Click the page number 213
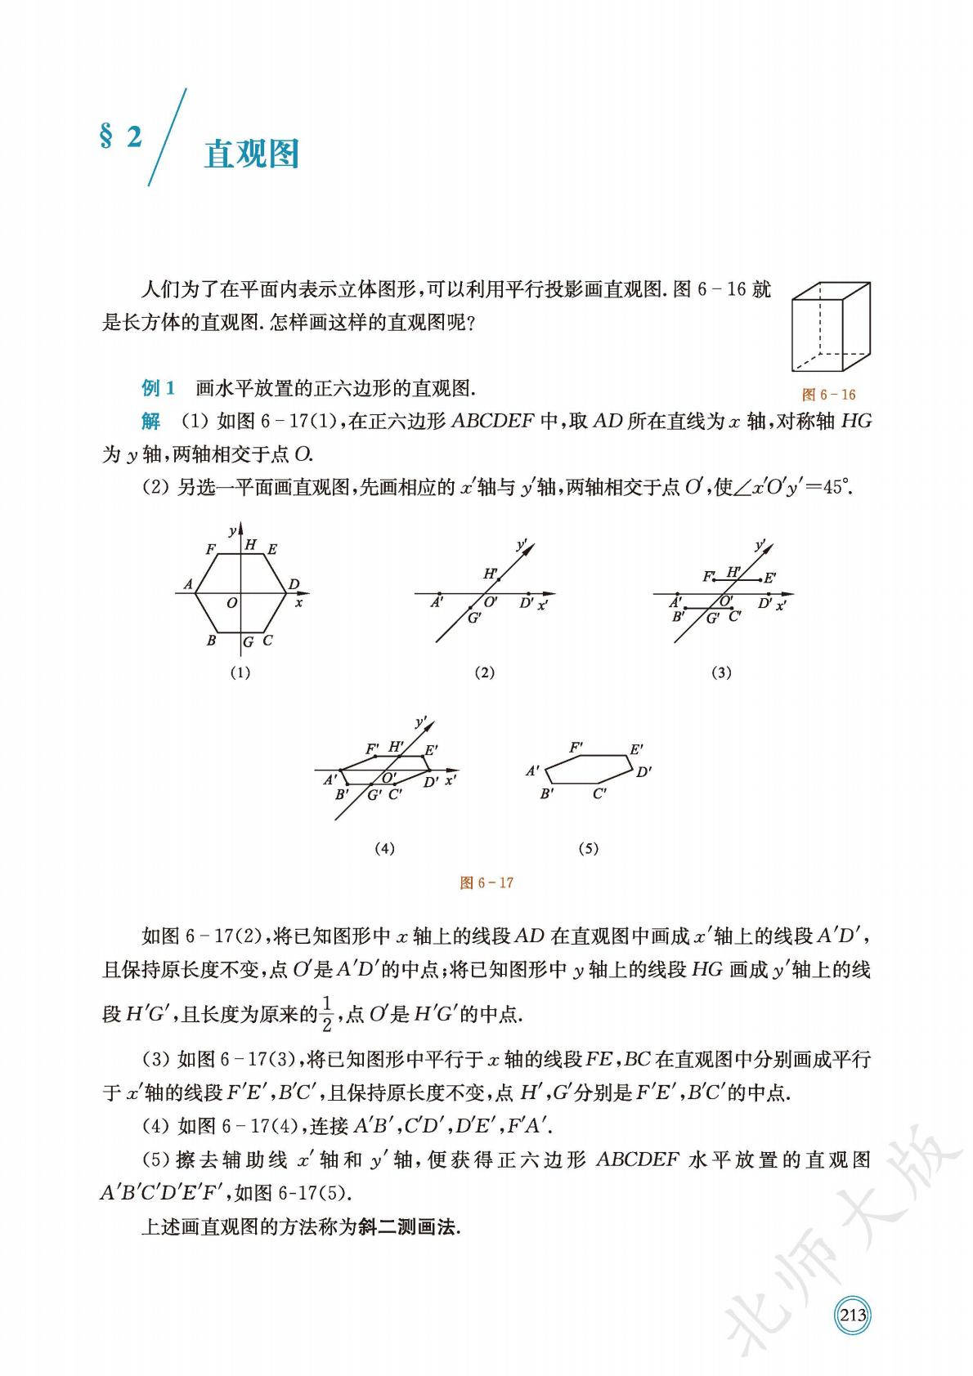[x=853, y=1292]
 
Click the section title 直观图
[x=251, y=154]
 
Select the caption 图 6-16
[x=828, y=395]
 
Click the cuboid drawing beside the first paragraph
[x=830, y=327]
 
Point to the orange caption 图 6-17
[x=486, y=882]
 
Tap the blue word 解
[x=150, y=422]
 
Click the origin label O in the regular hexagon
[x=232, y=603]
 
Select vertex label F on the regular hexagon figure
[x=210, y=549]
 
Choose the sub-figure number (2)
[x=484, y=672]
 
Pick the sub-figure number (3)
[x=721, y=672]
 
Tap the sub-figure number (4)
[x=384, y=848]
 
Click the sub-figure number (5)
[x=588, y=848]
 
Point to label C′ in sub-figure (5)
[x=599, y=793]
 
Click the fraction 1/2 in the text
[x=326, y=1013]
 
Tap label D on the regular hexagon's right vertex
[x=294, y=584]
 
